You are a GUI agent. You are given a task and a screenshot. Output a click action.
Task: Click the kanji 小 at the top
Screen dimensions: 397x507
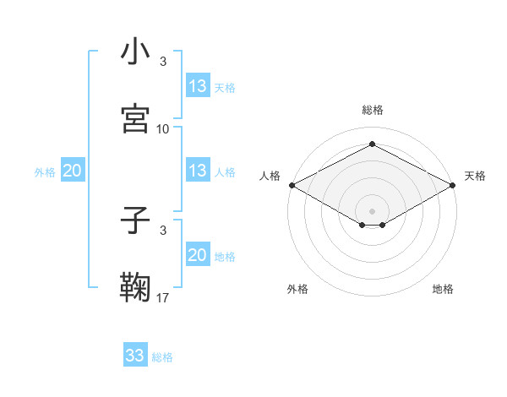point(136,52)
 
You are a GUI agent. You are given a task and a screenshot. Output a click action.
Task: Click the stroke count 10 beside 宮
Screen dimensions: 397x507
point(163,129)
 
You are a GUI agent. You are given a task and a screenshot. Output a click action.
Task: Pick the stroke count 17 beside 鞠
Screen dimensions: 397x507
point(163,297)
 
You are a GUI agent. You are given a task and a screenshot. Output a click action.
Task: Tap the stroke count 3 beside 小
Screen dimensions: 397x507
point(163,62)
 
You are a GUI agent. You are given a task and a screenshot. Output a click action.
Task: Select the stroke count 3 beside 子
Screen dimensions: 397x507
point(163,230)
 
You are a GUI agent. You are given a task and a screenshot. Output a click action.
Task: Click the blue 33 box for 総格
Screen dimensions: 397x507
point(135,356)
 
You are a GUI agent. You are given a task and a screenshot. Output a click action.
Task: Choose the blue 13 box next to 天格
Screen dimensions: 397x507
point(198,86)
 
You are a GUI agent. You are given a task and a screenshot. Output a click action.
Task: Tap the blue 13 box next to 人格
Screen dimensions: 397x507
point(198,171)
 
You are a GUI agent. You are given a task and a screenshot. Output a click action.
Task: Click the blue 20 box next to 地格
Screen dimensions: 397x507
point(198,256)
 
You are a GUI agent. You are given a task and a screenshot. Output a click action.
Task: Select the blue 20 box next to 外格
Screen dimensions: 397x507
point(73,171)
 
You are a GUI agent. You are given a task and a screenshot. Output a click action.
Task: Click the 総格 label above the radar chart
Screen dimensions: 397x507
point(373,110)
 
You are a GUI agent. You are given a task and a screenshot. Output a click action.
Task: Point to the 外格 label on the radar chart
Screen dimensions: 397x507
point(297,289)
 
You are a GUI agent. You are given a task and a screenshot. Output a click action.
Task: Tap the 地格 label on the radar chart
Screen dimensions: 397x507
point(443,289)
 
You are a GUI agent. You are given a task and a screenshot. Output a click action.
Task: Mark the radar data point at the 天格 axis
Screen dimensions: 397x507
point(454,185)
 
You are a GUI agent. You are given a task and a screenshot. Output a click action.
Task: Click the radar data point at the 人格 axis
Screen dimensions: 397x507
point(291,185)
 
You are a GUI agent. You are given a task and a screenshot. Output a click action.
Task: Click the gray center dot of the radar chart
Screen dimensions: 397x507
point(373,210)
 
